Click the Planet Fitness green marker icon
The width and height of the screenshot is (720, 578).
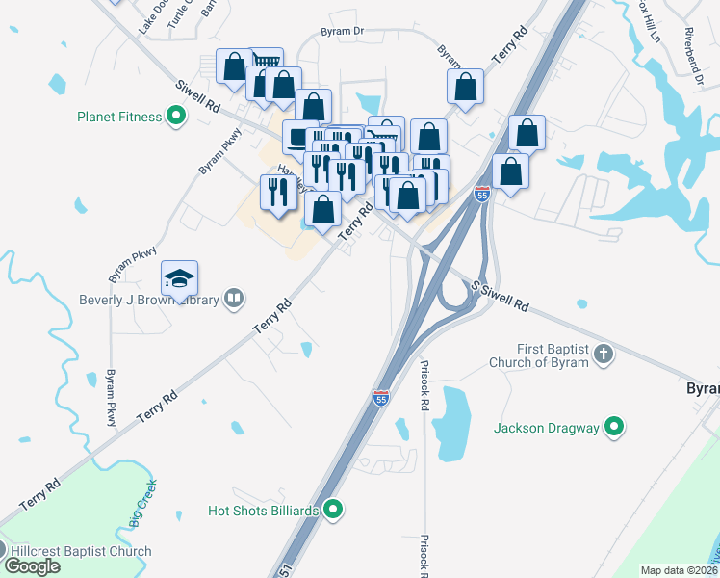176,118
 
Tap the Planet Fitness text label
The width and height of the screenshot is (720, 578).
120,118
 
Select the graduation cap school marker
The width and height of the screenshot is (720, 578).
180,279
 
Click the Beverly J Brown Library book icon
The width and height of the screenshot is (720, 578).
234,299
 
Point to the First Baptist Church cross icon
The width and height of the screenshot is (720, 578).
604,354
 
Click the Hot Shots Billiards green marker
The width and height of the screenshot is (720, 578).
334,509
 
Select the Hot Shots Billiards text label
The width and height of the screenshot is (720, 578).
265,510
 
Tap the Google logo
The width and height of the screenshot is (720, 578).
31,566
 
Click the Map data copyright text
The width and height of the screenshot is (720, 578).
680,570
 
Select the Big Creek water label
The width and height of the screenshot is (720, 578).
140,512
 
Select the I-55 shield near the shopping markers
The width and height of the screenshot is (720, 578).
482,195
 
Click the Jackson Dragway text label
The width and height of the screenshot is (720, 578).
546,428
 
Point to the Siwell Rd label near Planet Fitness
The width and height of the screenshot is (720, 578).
198,92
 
